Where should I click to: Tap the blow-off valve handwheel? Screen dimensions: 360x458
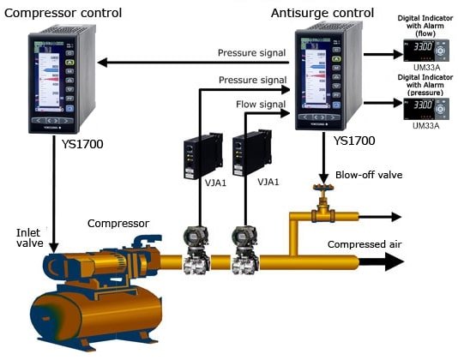pyautogui.click(x=323, y=187)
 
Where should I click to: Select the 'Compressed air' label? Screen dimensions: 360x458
pyautogui.click(x=363, y=244)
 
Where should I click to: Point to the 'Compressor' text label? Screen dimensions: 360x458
pyautogui.click(x=118, y=223)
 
